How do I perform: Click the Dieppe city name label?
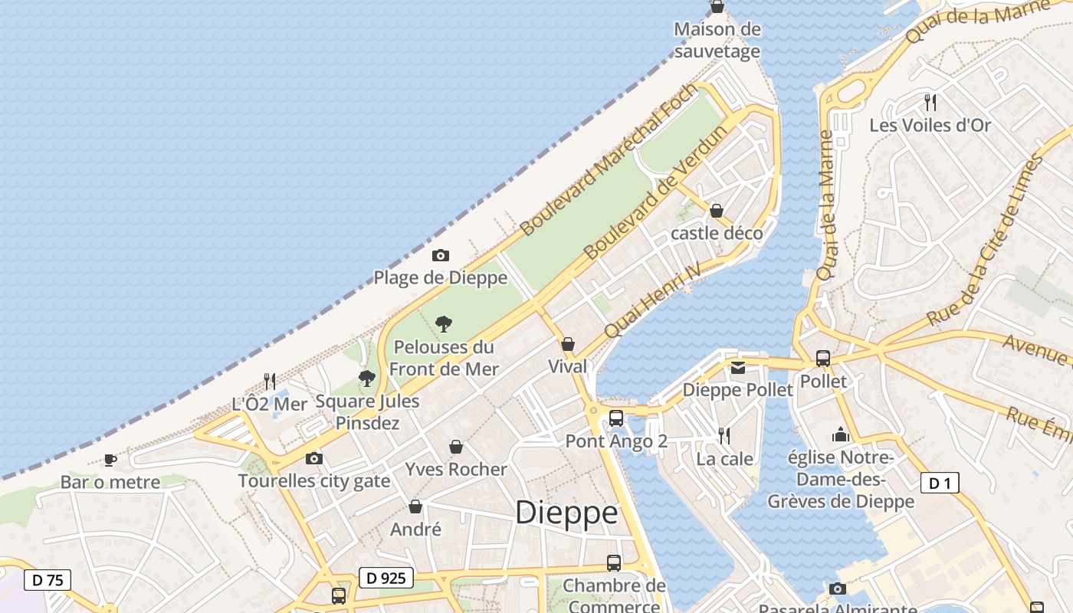tap(566, 513)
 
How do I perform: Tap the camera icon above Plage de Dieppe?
tap(441, 255)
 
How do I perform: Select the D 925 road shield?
tap(386, 578)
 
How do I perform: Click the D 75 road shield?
tap(48, 580)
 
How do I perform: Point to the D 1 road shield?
tap(939, 483)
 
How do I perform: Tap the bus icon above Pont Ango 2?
tap(616, 418)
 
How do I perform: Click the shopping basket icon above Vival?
tap(568, 344)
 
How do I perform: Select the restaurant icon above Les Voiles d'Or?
tap(930, 102)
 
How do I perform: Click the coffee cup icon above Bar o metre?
tap(110, 460)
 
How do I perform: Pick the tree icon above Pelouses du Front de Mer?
tap(444, 324)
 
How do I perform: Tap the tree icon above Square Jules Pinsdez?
tap(367, 378)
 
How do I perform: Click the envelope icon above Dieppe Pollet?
tap(737, 368)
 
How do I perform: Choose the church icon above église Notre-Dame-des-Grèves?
tap(841, 435)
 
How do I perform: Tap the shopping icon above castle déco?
tap(717, 211)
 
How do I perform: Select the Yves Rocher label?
tap(456, 469)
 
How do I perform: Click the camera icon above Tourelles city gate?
tap(314, 458)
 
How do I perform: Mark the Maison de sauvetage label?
tap(717, 41)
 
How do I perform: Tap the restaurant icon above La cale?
tap(724, 436)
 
